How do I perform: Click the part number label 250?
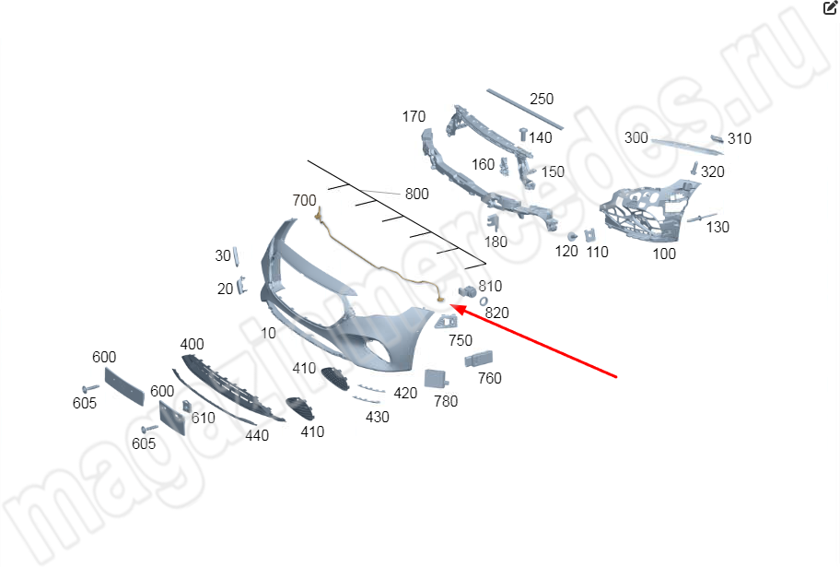(542, 100)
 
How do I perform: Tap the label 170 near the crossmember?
(414, 116)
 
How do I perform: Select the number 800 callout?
(417, 194)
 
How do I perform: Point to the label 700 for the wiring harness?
(304, 200)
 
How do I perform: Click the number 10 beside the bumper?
(268, 333)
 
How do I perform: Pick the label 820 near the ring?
(496, 313)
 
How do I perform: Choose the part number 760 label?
(490, 378)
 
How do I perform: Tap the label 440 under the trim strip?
(257, 435)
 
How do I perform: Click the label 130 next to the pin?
(717, 228)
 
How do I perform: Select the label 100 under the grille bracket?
(664, 254)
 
